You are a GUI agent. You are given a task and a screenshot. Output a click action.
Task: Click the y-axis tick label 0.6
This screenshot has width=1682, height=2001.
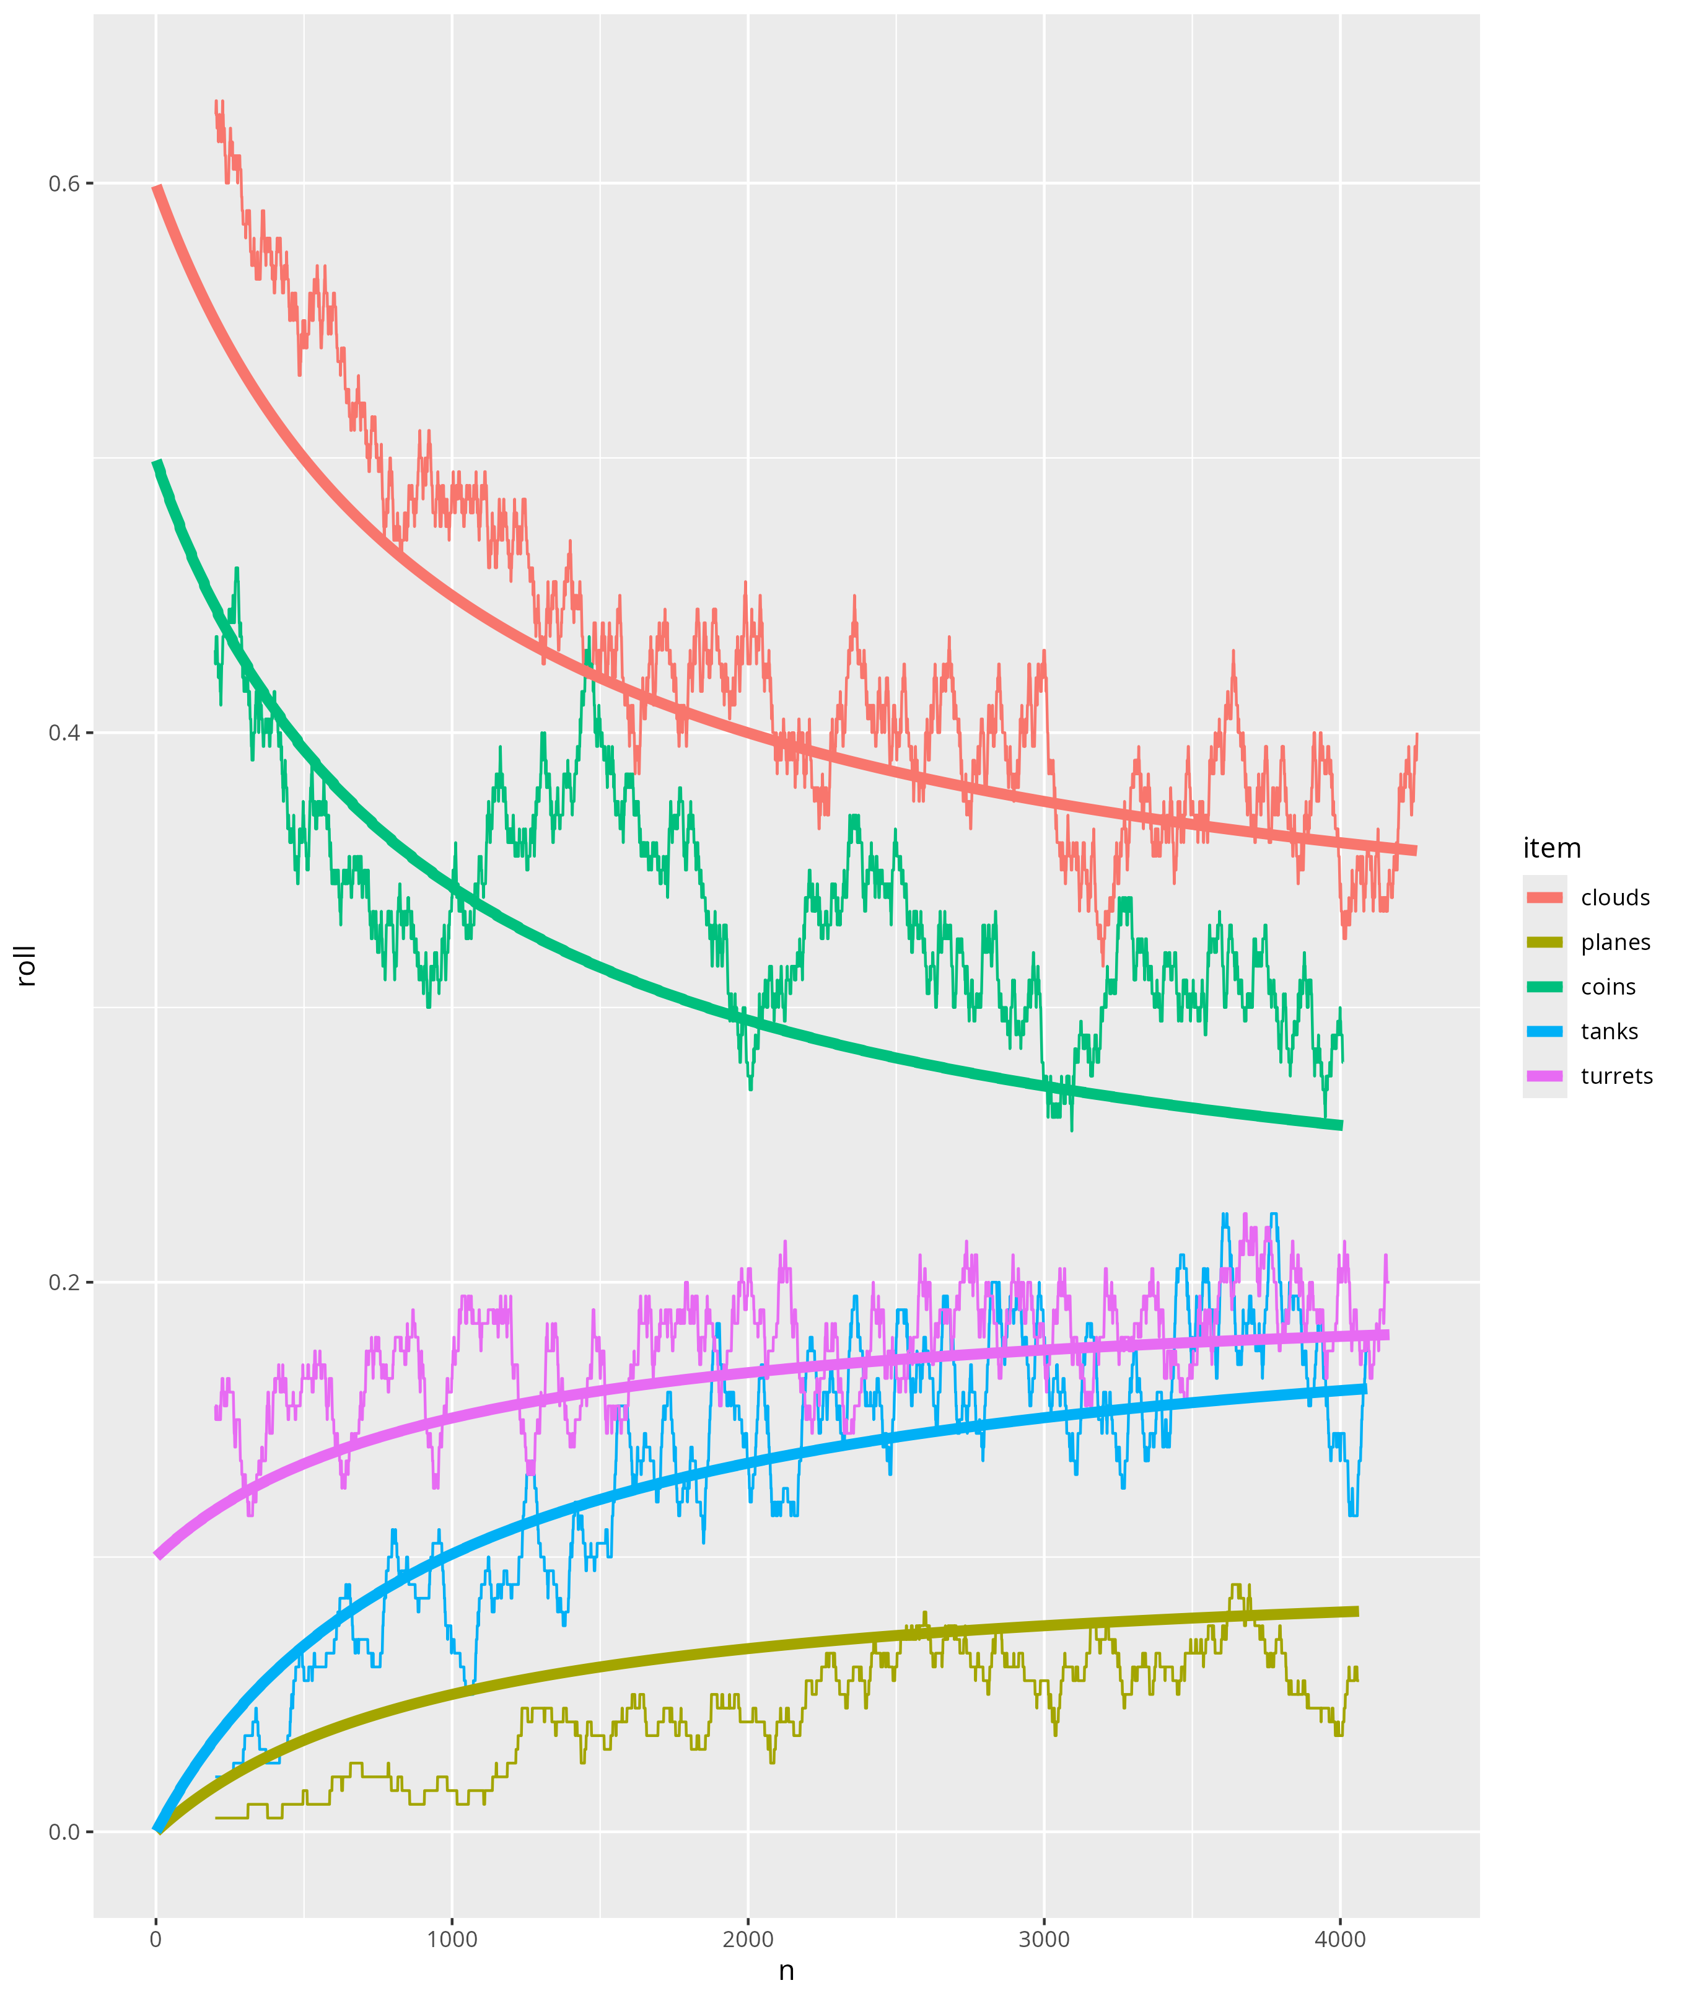[64, 183]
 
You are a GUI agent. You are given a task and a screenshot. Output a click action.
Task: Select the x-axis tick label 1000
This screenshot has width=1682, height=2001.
[452, 1939]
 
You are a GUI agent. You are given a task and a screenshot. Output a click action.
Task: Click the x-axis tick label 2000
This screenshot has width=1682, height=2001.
[748, 1939]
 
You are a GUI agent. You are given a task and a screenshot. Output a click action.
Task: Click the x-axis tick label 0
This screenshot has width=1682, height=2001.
[156, 1939]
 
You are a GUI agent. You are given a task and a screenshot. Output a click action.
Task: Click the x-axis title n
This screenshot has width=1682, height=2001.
[787, 1971]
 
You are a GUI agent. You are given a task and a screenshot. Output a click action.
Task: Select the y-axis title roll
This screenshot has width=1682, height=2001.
[26, 965]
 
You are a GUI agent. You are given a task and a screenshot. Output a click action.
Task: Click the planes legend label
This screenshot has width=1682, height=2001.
[1614, 943]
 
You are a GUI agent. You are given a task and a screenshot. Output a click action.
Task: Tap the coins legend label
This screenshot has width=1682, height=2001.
[1608, 987]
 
